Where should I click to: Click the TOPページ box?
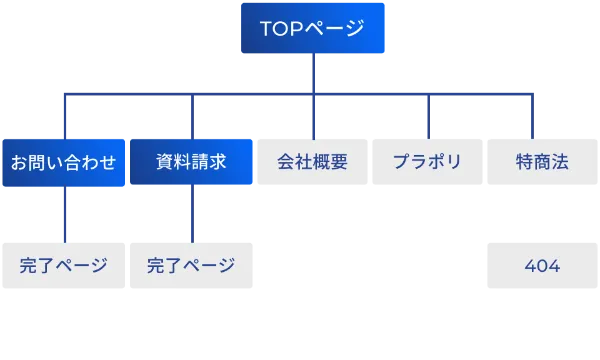[x=314, y=28]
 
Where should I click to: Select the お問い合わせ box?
[x=63, y=162]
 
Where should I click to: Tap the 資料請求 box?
[x=191, y=162]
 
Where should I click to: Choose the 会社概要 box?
[x=313, y=162]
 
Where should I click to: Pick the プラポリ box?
[x=427, y=162]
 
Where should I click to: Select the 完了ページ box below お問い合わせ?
[x=63, y=266]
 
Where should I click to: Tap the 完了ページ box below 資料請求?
[x=191, y=266]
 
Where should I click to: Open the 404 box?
[x=542, y=266]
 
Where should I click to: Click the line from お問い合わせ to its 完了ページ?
[x=66, y=215]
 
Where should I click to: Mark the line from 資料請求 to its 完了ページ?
[x=191, y=215]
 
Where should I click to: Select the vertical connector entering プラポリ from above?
[x=428, y=115]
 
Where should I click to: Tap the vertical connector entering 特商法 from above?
[x=531, y=115]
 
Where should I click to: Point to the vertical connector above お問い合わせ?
[x=66, y=115]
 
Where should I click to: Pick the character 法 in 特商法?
[x=560, y=162]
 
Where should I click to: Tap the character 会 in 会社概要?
[x=286, y=162]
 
